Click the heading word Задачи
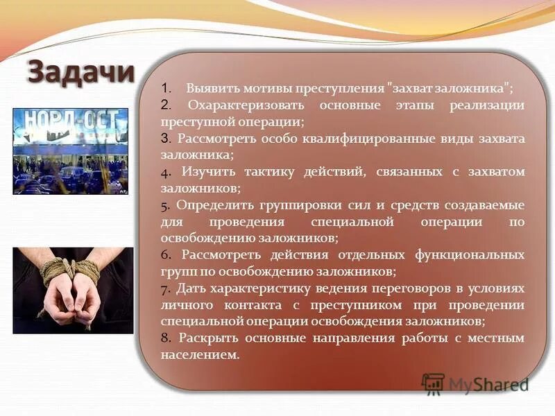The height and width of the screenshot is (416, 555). click(81, 72)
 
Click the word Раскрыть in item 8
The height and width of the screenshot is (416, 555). click(207, 338)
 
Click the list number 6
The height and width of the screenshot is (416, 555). click(165, 255)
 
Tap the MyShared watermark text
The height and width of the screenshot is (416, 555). click(488, 384)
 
